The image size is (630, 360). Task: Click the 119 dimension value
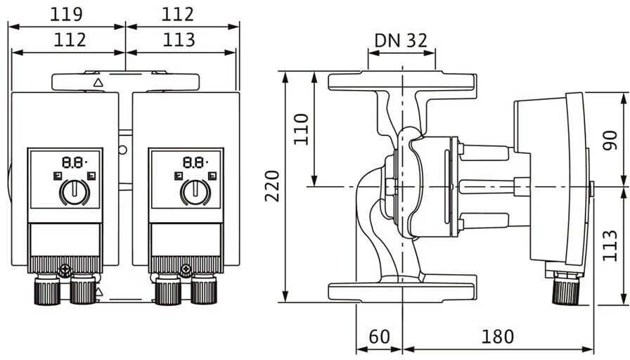(66, 15)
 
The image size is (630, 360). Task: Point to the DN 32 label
(401, 40)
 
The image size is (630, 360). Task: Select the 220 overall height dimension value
(272, 186)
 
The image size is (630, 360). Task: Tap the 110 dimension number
(302, 129)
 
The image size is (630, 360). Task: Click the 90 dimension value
(610, 140)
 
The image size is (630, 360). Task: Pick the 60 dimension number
(379, 336)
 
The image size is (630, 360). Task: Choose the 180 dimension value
(497, 336)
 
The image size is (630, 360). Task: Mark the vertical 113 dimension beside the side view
(610, 245)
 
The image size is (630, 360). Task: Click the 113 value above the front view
(179, 40)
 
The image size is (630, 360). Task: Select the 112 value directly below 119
(70, 40)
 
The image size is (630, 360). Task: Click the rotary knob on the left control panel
(75, 192)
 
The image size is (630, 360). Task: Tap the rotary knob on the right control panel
(195, 192)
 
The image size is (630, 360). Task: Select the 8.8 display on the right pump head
(195, 162)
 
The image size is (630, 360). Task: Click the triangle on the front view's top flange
(98, 83)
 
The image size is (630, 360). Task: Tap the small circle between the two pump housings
(122, 150)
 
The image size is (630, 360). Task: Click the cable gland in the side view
(566, 288)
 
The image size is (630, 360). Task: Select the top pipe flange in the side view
(403, 81)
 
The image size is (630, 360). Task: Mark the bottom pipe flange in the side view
(403, 291)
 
